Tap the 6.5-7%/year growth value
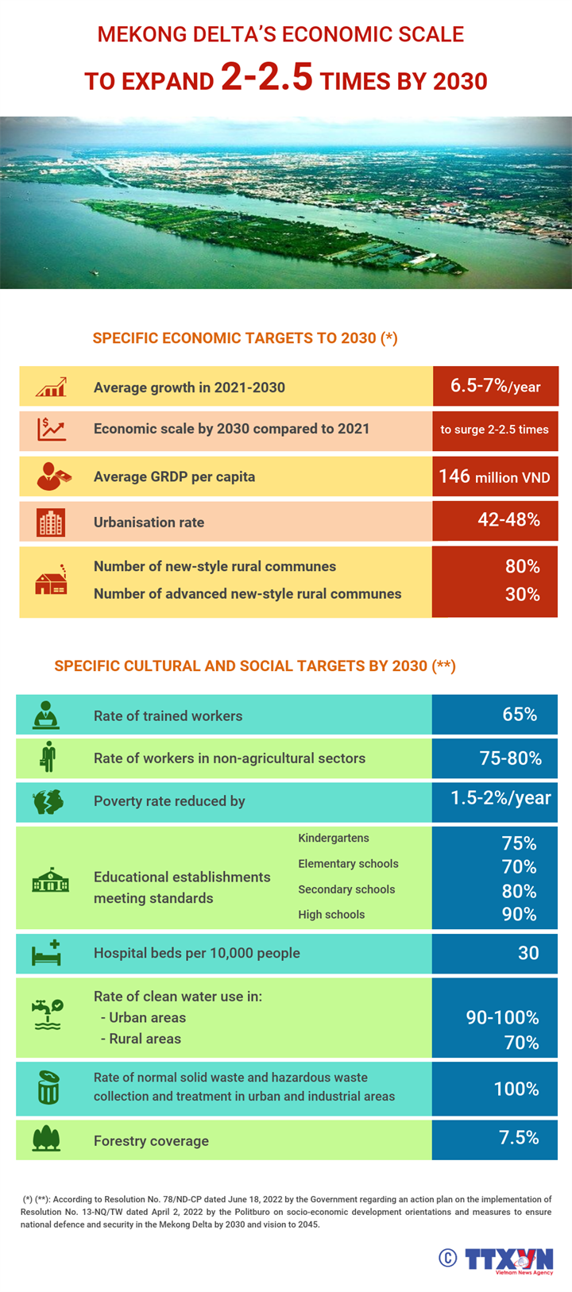tap(495, 387)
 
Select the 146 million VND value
tap(494, 476)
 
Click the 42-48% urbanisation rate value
tap(508, 520)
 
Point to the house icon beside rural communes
tap(51, 581)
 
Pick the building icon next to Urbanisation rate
tap(51, 523)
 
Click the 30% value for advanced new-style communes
tap(522, 594)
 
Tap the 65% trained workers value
tap(520, 715)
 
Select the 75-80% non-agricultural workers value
tap(510, 758)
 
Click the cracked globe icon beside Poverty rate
tap(48, 801)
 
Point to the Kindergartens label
tap(334, 839)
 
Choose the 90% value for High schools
tap(519, 915)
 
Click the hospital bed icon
tap(47, 952)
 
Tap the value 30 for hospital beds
tap(528, 953)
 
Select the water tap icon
tap(48, 1014)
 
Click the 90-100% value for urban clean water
tap(502, 1018)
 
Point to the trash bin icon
tap(48, 1087)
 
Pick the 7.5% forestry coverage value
tap(519, 1138)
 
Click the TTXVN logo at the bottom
tap(508, 1259)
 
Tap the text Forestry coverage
tap(151, 1141)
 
